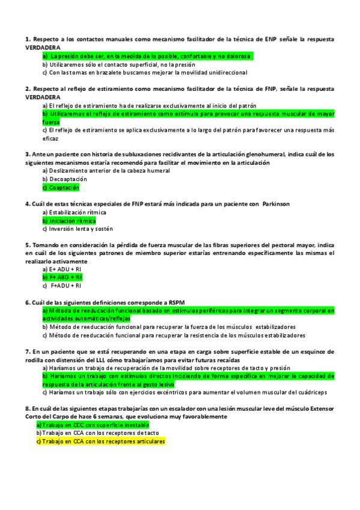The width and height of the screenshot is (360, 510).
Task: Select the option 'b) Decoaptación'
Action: (x=64, y=179)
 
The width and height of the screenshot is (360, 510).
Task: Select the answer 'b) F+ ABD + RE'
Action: (x=63, y=277)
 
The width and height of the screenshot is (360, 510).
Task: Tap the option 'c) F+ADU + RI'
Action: (x=63, y=286)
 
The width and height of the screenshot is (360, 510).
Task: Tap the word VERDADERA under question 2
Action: (x=43, y=96)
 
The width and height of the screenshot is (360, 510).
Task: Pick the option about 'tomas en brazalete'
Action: (x=145, y=72)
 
